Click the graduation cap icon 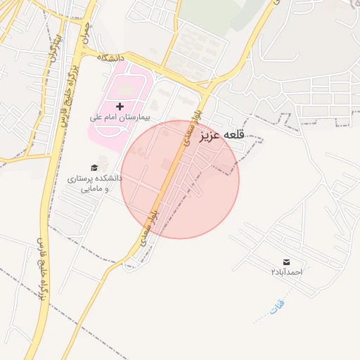[94, 167]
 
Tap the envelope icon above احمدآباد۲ [286, 262]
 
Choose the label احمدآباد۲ [286, 271]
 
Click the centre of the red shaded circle [180, 179]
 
